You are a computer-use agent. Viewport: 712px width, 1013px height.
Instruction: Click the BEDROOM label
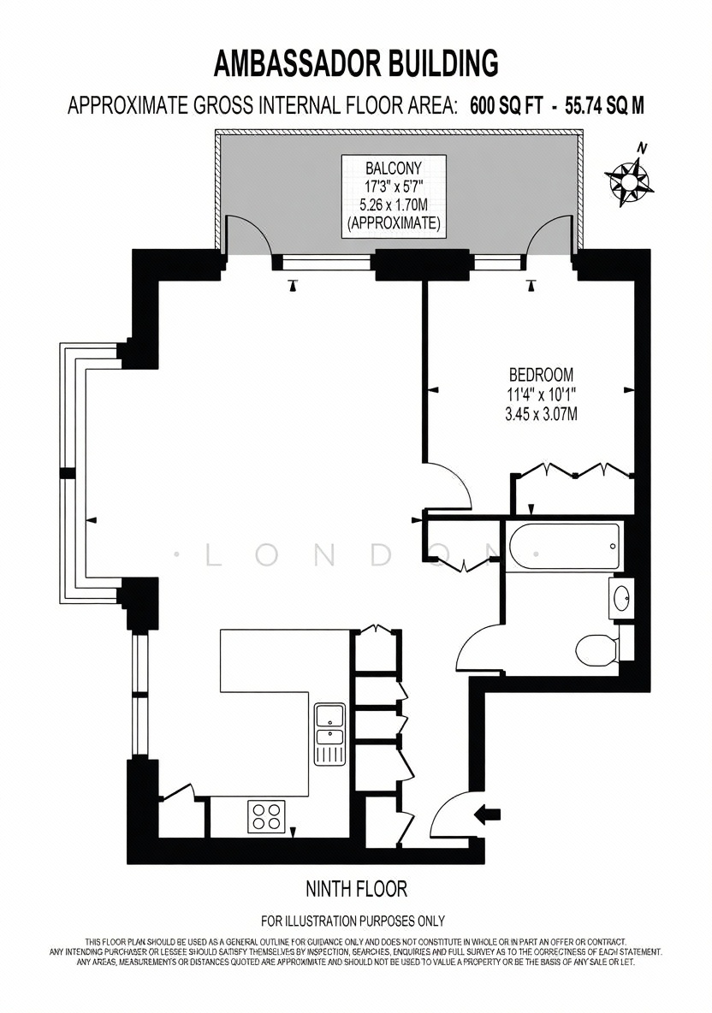click(541, 374)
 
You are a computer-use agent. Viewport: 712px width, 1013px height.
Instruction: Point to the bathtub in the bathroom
click(563, 547)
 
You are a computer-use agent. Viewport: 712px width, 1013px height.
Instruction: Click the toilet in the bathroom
click(596, 649)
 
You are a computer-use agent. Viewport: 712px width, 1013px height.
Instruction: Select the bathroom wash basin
click(621, 599)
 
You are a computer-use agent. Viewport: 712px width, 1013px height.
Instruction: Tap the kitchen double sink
click(330, 735)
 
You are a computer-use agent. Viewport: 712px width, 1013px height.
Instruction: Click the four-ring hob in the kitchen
click(266, 815)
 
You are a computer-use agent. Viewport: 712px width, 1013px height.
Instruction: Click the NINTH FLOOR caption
click(356, 889)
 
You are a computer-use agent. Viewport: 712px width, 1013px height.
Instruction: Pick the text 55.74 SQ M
click(604, 105)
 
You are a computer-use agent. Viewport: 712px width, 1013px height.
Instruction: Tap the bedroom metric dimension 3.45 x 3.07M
click(541, 414)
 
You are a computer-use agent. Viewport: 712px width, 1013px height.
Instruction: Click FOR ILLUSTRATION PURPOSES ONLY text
click(353, 921)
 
